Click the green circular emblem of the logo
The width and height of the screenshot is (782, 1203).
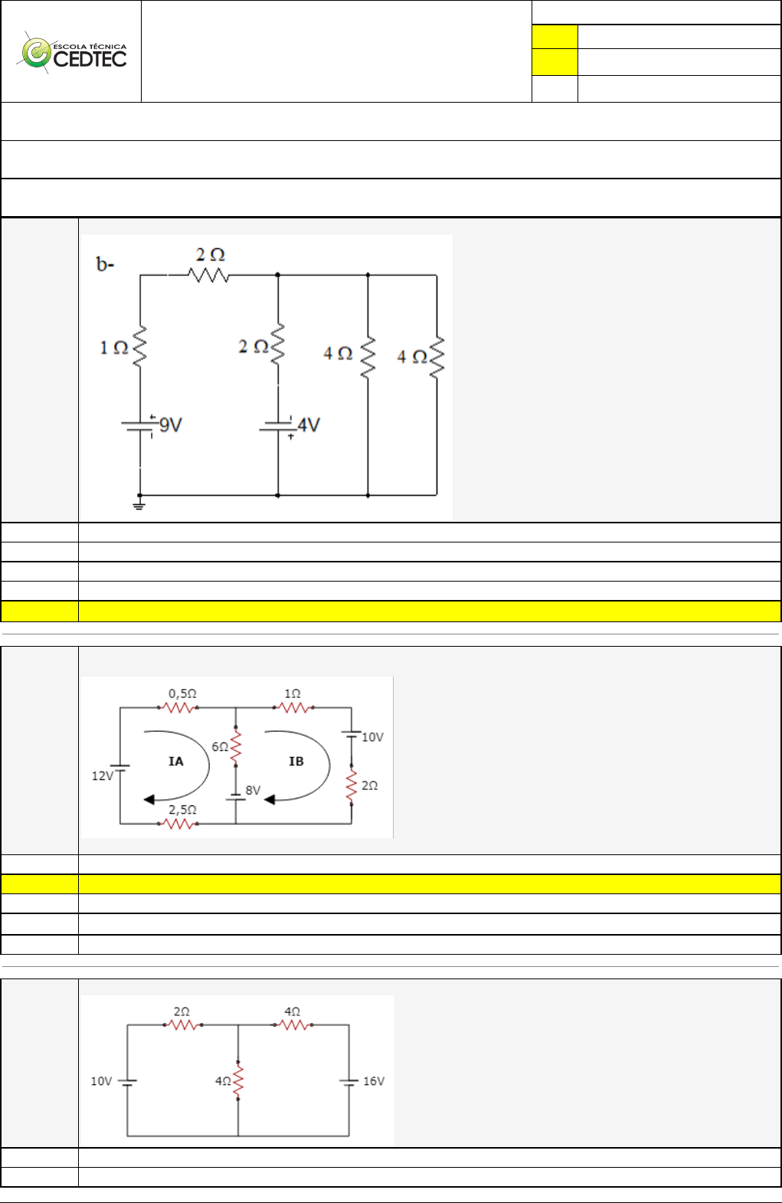(x=35, y=53)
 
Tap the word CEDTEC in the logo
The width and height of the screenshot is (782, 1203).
(x=90, y=60)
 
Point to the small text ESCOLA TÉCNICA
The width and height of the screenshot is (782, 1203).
(x=90, y=46)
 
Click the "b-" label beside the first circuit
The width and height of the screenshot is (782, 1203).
(x=105, y=264)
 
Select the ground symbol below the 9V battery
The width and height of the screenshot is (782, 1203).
(x=139, y=504)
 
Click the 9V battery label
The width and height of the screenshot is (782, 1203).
(x=171, y=424)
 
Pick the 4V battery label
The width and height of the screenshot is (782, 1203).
(x=309, y=424)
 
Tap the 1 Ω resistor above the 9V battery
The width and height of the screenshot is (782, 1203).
(x=139, y=347)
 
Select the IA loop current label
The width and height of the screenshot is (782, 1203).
(x=176, y=761)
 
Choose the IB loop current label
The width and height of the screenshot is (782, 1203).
(x=296, y=761)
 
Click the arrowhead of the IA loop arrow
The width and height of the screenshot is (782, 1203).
(x=149, y=799)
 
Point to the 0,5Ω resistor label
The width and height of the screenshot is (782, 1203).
(x=182, y=693)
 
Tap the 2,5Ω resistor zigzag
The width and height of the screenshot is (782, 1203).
(x=178, y=824)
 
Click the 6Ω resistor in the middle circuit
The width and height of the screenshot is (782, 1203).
(x=236, y=747)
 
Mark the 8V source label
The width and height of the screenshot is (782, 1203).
(x=253, y=790)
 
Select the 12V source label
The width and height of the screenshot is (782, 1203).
(x=102, y=775)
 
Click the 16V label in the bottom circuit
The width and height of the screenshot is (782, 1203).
(x=374, y=1081)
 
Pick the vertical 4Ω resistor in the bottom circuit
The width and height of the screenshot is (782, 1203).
(x=238, y=1081)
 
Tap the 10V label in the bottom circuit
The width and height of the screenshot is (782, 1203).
(x=101, y=1081)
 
